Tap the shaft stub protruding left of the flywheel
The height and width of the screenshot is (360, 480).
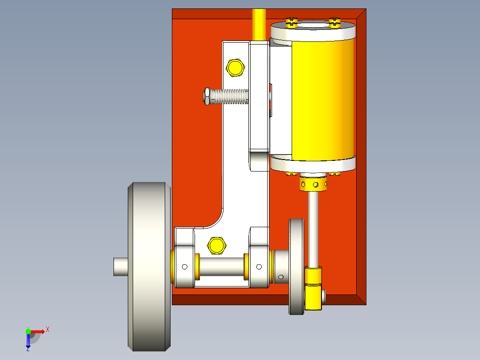point(120,266)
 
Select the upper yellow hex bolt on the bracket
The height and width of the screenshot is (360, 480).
point(236,67)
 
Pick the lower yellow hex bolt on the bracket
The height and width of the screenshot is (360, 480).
point(216,245)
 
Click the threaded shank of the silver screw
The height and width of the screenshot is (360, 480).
point(229,96)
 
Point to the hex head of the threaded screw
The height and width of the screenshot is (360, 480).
point(207,96)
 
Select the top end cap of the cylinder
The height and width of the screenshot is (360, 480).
point(313,31)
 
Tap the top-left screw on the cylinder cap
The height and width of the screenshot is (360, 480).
point(292,22)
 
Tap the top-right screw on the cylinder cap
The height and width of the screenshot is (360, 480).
point(334,22)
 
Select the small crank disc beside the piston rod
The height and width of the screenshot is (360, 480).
point(296,266)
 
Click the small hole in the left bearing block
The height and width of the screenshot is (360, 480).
point(184,267)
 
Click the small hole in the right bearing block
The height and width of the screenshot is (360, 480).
point(259,267)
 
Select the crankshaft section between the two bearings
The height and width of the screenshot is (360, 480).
point(221,266)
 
